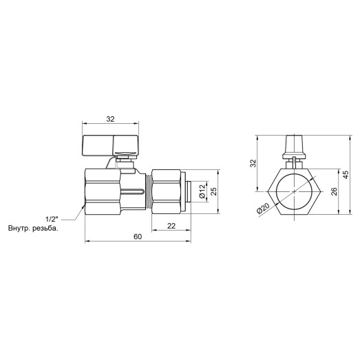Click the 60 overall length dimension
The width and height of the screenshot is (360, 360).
point(137,236)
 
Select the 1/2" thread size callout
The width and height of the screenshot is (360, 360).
point(52,218)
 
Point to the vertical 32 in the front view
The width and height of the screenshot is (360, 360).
point(252,162)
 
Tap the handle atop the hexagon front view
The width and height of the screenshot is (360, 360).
point(294,148)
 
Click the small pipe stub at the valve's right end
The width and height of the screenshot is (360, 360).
point(190,190)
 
